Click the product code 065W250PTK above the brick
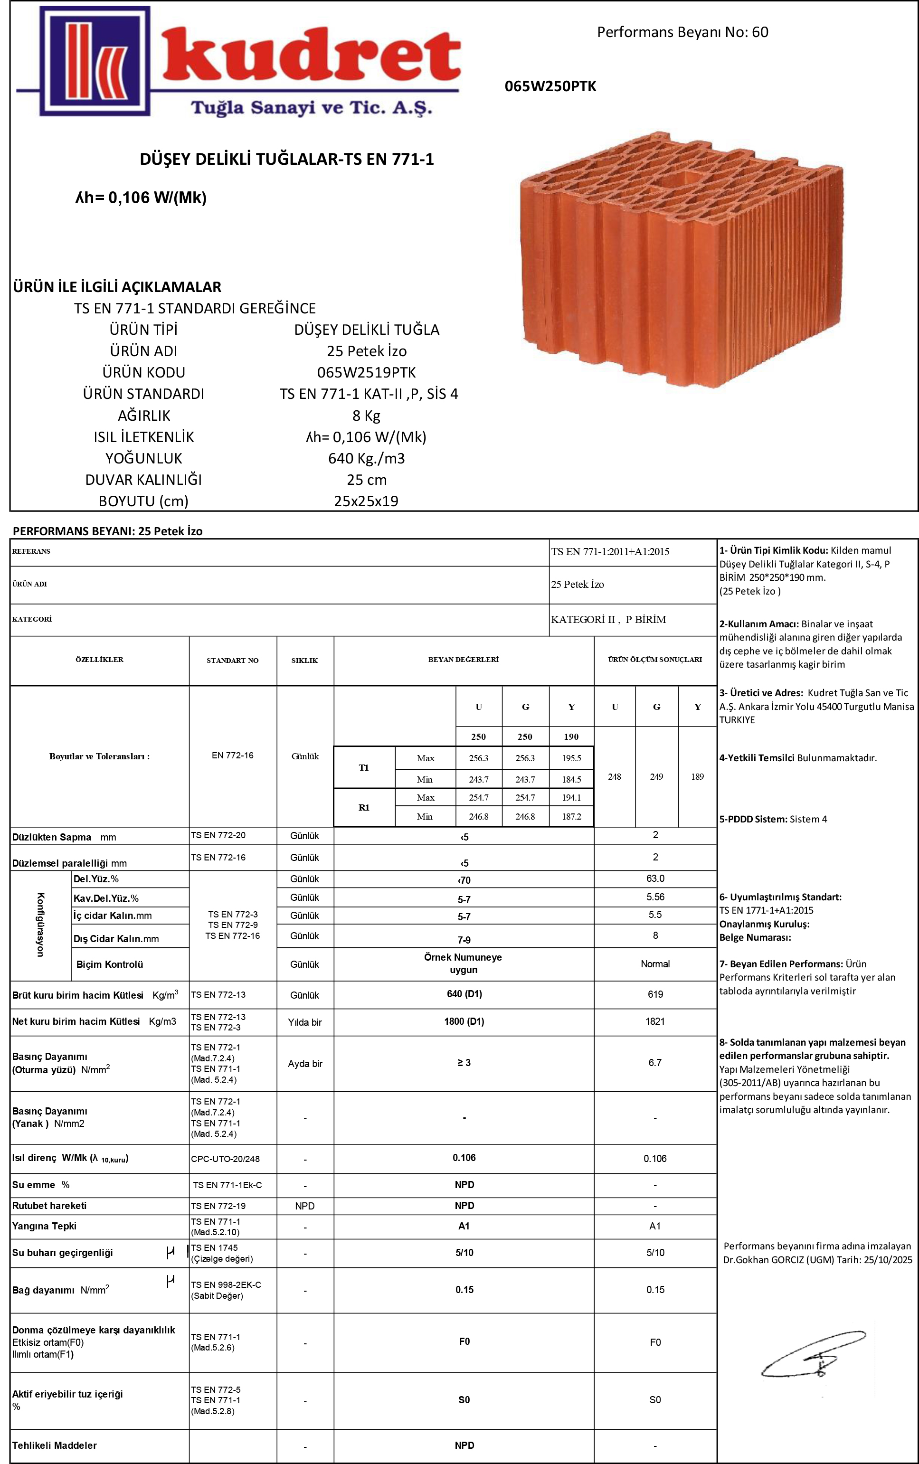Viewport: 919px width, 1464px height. [x=550, y=86]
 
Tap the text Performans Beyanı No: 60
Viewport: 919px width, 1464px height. [x=682, y=32]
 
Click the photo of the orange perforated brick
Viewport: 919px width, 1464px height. [x=681, y=258]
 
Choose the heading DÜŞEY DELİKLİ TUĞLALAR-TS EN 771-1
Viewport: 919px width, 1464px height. [x=286, y=159]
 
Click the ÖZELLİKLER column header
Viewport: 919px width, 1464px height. [x=99, y=660]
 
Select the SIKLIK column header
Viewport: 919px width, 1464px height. [x=304, y=661]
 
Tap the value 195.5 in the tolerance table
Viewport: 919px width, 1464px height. [x=571, y=758]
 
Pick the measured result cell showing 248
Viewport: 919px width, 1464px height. [x=615, y=777]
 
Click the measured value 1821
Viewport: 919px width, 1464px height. [x=655, y=1021]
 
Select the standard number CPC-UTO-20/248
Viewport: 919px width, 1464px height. [x=226, y=1159]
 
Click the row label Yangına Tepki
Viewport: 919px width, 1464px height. [x=44, y=1227]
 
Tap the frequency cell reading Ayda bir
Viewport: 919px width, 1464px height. [x=304, y=1064]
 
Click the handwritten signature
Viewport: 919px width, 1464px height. [x=813, y=1353]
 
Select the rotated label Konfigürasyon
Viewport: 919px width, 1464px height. [x=40, y=925]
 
